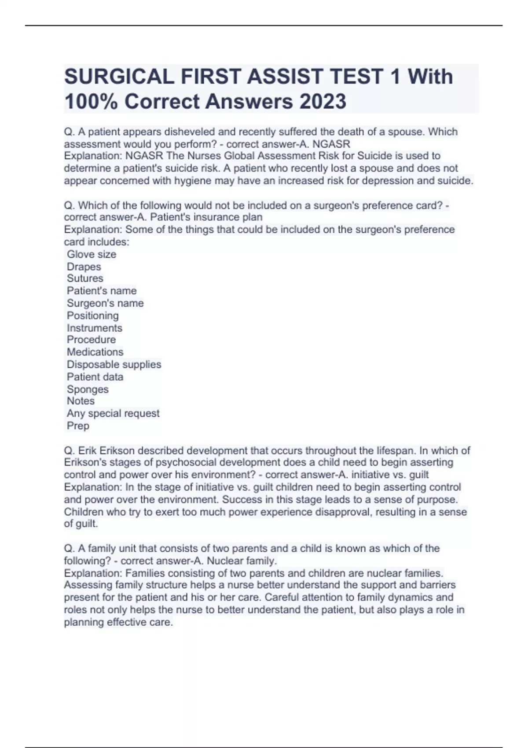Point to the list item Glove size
(92, 254)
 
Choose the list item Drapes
(84, 267)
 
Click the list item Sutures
(85, 279)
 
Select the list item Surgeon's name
(105, 303)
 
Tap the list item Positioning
(92, 315)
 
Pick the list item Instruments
(94, 328)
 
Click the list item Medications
(95, 352)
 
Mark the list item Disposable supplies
(114, 364)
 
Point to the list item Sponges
(88, 389)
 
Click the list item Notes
(81, 401)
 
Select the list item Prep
(78, 425)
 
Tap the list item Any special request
(113, 413)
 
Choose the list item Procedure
(91, 340)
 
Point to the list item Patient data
(95, 377)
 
